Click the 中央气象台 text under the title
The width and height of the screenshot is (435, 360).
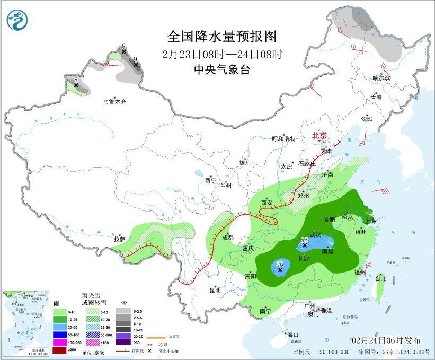(222, 69)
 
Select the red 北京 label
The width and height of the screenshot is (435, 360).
(320, 135)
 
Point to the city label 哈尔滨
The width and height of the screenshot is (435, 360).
(381, 78)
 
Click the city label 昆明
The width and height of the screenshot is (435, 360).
(215, 290)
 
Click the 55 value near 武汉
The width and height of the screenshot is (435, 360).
(304, 240)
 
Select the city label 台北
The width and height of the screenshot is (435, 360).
(380, 278)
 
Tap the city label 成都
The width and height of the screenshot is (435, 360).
(228, 238)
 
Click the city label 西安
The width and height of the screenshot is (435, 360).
(267, 203)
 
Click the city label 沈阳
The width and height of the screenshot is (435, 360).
(367, 119)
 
